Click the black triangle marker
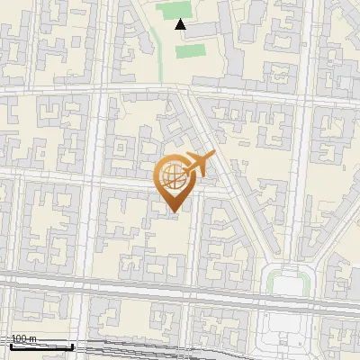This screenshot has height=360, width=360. coord(181,24)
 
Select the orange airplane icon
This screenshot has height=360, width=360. coord(196,165)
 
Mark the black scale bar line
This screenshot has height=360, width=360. coord(40,346)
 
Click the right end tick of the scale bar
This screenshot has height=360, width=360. coord(72,345)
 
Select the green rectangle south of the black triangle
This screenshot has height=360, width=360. coord(190,50)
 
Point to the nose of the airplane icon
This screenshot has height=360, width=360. coord(214,157)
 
